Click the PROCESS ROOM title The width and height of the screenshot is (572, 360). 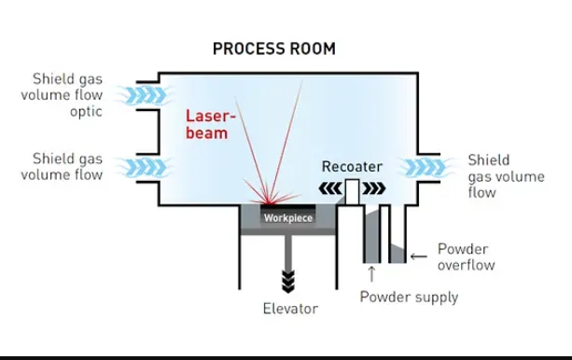click(273, 48)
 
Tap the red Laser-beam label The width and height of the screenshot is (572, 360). click(207, 125)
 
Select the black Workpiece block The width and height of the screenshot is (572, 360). click(287, 217)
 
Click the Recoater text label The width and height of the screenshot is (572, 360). click(352, 167)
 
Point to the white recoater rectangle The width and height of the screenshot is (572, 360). click(352, 191)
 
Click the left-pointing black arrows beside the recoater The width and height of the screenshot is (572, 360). click(330, 189)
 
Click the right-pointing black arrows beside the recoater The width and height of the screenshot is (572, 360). click(373, 189)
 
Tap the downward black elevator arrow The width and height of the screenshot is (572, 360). click(288, 280)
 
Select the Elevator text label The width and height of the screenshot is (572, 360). click(289, 309)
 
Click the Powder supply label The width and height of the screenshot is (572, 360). click(409, 297)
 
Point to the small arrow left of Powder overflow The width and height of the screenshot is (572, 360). click(418, 253)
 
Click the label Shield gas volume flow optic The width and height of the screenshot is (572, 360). click(67, 94)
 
